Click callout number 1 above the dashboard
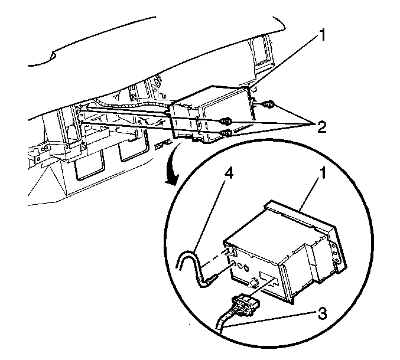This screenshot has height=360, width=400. click(x=323, y=35)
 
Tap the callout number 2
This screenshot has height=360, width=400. click(x=321, y=127)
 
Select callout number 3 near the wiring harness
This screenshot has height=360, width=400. click(x=322, y=313)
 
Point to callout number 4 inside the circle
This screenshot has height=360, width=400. click(x=228, y=174)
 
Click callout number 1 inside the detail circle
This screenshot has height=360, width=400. click(x=323, y=174)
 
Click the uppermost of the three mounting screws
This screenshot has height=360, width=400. click(x=266, y=104)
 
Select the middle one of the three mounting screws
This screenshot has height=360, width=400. click(x=226, y=121)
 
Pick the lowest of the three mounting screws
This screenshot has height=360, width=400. click(x=226, y=133)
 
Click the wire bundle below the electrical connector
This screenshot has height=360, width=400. click(x=225, y=322)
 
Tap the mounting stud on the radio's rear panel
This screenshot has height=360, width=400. click(x=253, y=282)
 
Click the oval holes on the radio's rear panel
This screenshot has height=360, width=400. click(x=243, y=267)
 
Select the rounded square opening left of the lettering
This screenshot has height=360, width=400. click(x=134, y=150)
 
